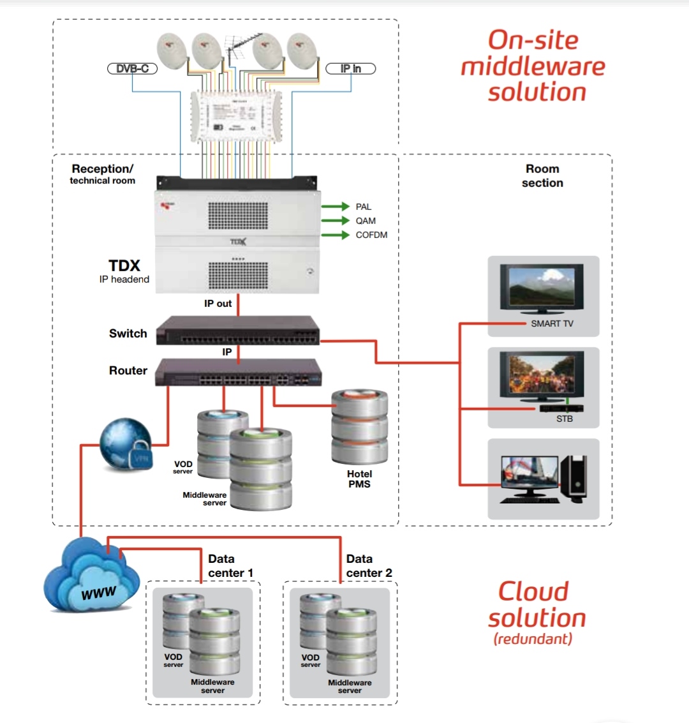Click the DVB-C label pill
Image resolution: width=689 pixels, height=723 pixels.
point(132,68)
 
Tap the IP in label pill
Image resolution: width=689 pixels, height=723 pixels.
point(350,68)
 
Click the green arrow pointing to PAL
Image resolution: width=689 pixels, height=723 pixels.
point(336,207)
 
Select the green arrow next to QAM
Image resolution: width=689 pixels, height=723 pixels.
point(336,221)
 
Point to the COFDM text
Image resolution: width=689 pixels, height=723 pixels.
point(371,235)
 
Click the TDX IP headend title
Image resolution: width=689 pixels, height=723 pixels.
point(124,266)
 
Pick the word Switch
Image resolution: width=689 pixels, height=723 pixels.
point(128,333)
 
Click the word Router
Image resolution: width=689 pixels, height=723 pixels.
point(128,370)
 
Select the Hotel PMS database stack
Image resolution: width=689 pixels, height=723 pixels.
point(359,428)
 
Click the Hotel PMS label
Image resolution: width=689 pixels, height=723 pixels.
point(359,479)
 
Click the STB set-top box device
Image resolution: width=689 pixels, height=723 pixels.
point(561,408)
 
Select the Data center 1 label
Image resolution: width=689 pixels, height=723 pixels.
point(230,566)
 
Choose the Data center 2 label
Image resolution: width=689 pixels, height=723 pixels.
point(369,566)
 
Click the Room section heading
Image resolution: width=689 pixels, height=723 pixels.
point(542,175)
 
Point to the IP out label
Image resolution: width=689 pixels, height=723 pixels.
point(218,304)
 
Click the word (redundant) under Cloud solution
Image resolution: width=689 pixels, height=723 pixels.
point(533,639)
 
